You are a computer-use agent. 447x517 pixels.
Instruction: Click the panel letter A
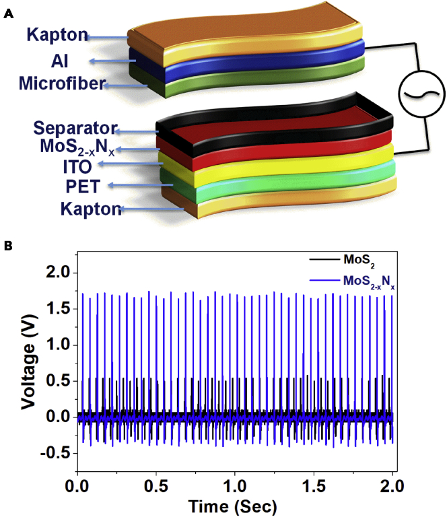click(x=7, y=11)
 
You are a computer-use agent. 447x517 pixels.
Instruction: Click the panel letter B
click(x=7, y=246)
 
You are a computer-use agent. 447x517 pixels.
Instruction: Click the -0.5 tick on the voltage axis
click(x=57, y=453)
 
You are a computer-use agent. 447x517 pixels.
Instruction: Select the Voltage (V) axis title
click(x=29, y=364)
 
